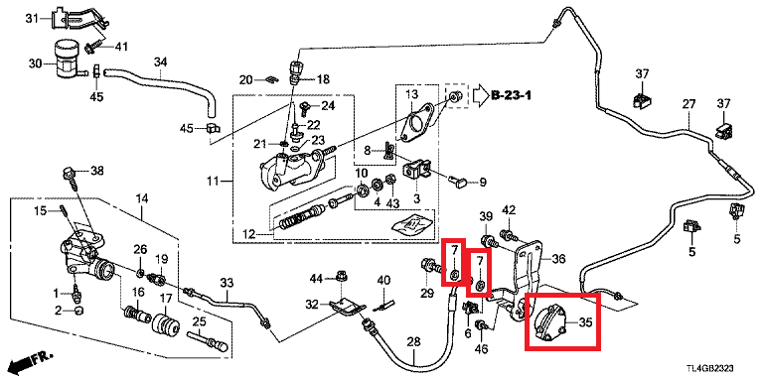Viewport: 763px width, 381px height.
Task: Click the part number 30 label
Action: [x=35, y=63]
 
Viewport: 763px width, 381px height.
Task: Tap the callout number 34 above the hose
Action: [x=161, y=62]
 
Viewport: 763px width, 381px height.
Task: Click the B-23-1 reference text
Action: [x=511, y=94]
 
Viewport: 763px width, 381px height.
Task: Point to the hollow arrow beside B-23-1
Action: [x=479, y=94]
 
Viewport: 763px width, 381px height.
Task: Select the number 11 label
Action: [x=213, y=183]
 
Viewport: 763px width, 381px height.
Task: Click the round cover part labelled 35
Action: [x=549, y=322]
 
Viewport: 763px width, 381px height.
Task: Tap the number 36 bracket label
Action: [x=558, y=260]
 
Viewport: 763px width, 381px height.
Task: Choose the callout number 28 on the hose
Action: [x=413, y=342]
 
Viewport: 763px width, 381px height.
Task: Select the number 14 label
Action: [x=142, y=198]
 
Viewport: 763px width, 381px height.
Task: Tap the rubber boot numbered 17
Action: [x=166, y=328]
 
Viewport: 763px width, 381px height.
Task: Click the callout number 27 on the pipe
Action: [x=688, y=104]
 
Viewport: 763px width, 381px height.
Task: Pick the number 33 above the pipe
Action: [x=227, y=283]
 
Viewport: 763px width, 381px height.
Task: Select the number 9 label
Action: [x=483, y=183]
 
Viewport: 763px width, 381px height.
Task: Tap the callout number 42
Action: [x=509, y=210]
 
